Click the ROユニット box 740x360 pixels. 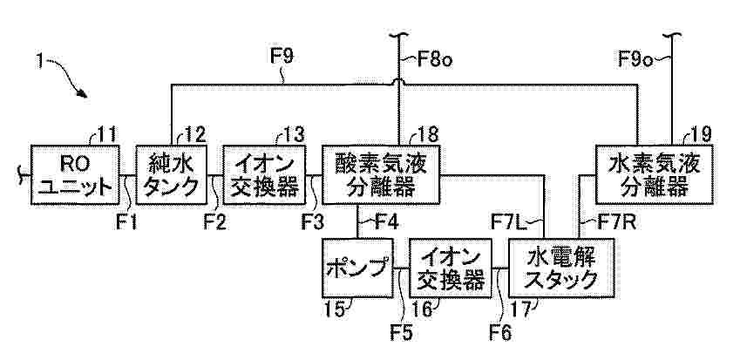click(75, 175)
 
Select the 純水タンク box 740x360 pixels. click(172, 175)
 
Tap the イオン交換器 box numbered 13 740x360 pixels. click(264, 175)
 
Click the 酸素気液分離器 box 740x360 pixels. click(381, 175)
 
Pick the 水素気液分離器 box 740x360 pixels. click(654, 175)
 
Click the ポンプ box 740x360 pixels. click(357, 268)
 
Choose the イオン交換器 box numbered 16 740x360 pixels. click(451, 268)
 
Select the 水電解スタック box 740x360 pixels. click(561, 268)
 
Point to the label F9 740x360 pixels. click(282, 56)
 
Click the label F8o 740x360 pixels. click(435, 60)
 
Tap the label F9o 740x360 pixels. click(635, 60)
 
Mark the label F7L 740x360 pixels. click(508, 221)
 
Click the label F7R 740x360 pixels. click(616, 221)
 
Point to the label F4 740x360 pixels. click(387, 221)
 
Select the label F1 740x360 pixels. click(126, 221)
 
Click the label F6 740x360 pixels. click(500, 333)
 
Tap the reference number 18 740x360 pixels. click(427, 134)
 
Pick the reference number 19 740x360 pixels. click(700, 134)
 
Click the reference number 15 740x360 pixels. click(335, 309)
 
